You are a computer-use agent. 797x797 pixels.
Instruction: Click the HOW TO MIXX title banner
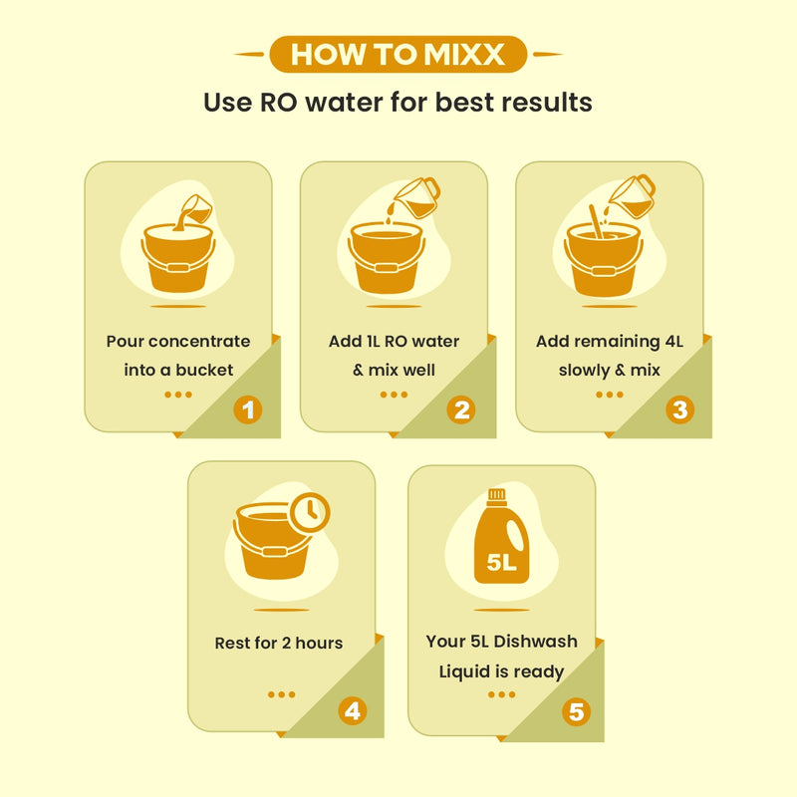pyautogui.click(x=398, y=54)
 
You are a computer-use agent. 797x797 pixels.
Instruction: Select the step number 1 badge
pyautogui.click(x=248, y=409)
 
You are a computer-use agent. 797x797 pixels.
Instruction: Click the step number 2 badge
pyautogui.click(x=461, y=409)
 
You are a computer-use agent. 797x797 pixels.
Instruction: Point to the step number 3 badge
pyautogui.click(x=680, y=409)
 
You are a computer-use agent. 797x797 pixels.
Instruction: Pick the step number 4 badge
pyautogui.click(x=353, y=710)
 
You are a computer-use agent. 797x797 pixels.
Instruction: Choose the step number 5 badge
pyautogui.click(x=576, y=711)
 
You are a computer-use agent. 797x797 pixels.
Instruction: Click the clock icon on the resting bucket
pyautogui.click(x=309, y=512)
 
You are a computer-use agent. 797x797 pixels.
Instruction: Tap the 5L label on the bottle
pyautogui.click(x=501, y=562)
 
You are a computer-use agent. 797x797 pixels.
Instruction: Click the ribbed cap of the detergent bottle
pyautogui.click(x=496, y=496)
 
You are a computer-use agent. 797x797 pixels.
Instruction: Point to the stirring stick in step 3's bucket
pyautogui.click(x=596, y=221)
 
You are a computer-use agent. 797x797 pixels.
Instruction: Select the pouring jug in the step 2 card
pyautogui.click(x=417, y=197)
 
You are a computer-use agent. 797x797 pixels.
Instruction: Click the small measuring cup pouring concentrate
pyautogui.click(x=197, y=208)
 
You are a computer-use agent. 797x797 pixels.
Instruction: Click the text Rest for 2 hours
pyautogui.click(x=279, y=643)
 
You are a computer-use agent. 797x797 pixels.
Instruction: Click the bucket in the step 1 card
pyautogui.click(x=178, y=258)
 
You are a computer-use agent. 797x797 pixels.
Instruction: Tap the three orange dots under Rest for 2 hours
pyautogui.click(x=281, y=694)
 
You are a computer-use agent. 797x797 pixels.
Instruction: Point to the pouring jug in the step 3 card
pyautogui.click(x=633, y=196)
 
